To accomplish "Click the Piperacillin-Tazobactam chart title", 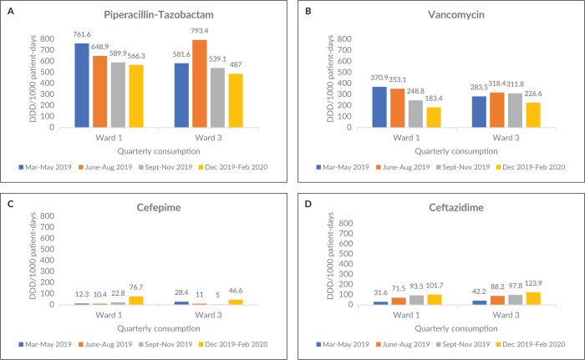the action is click(159, 15).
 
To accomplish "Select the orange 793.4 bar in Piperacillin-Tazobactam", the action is click(200, 84).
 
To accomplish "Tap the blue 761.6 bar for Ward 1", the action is click(82, 85).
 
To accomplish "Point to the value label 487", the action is click(236, 64).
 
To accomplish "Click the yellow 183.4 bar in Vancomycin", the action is click(434, 118).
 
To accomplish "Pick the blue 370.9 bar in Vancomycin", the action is click(379, 107).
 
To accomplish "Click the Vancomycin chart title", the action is click(456, 15).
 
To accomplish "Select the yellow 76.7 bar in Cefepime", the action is click(136, 301).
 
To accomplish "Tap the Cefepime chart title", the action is click(159, 207).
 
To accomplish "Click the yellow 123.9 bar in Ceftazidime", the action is click(533, 298).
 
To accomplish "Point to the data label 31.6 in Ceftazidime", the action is click(380, 293).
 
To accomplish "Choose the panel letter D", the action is click(308, 204).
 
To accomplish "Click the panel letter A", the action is click(11, 11).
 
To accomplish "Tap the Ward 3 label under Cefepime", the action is click(208, 315).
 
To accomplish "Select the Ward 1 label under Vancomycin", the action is click(406, 138).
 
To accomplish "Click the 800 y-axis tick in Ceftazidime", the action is click(345, 223).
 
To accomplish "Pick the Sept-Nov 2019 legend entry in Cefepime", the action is click(165, 344).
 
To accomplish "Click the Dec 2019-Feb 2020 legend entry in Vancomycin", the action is click(531, 167).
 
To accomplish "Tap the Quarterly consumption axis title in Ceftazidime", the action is click(456, 328).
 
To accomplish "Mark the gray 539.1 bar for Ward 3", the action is click(217, 98).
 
